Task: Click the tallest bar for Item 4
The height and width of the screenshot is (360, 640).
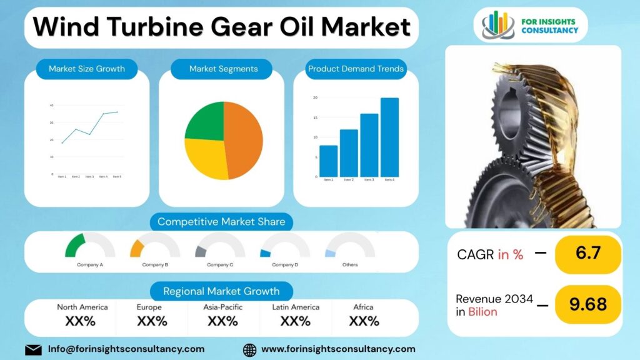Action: coord(389,137)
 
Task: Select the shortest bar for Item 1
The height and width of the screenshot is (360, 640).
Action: coord(328,161)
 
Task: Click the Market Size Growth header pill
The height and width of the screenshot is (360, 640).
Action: coord(87,69)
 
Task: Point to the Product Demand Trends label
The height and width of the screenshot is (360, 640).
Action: coord(356,69)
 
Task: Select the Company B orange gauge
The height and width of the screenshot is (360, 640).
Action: coord(137,248)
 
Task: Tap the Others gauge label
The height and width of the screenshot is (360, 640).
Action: coord(350,265)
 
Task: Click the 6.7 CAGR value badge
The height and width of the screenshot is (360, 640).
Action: coord(587,254)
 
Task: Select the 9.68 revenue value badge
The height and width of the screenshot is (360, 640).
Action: coord(587,304)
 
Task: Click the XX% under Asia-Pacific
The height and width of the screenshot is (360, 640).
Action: coord(222,321)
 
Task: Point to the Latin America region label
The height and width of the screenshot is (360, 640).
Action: coord(296,307)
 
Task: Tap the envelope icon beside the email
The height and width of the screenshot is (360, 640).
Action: coord(33,349)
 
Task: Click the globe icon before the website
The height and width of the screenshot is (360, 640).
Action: coord(249,349)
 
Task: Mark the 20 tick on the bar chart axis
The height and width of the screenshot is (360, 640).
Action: coord(316,97)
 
